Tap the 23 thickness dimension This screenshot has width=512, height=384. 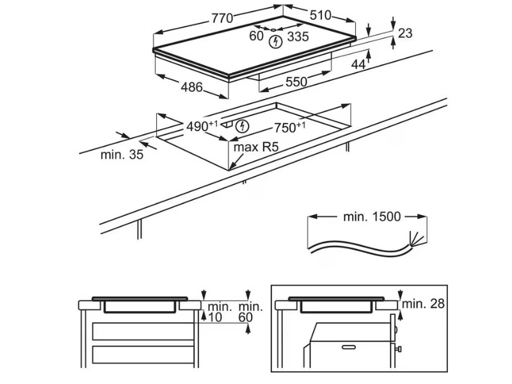coord(405,33)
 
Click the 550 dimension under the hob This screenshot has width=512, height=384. coord(296,81)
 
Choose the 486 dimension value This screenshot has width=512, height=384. coord(191,87)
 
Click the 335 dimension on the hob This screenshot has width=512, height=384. coord(298,36)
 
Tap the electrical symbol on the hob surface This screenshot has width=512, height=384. coord(276,43)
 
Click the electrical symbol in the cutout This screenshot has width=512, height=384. coord(242,126)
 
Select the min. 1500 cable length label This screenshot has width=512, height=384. coord(372,217)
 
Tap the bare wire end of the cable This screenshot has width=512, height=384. coord(417,239)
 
